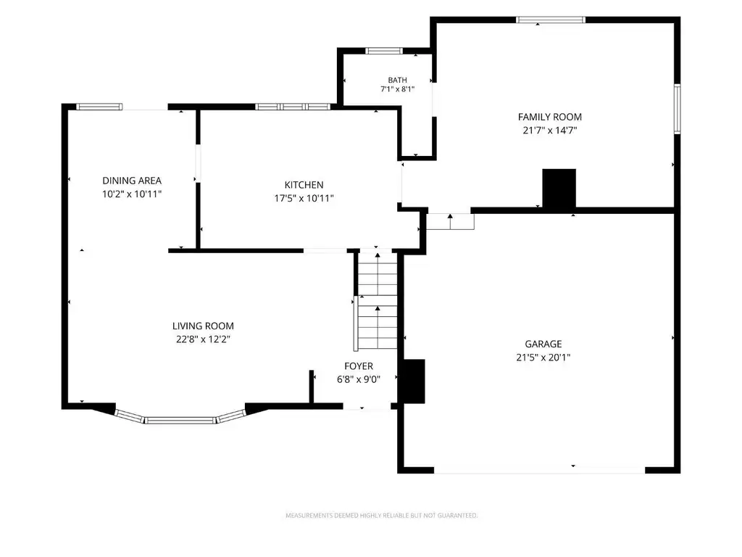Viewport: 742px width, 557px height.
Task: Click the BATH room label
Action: pos(398,80)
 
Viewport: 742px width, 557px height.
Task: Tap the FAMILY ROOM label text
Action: pos(550,117)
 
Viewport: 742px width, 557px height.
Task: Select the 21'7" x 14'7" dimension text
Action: pos(550,131)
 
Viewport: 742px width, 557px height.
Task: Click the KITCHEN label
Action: pos(304,185)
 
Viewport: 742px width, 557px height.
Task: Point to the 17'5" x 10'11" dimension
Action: pos(304,198)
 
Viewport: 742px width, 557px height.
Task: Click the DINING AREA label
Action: pos(132,181)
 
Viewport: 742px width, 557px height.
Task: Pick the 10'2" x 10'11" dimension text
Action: pos(132,194)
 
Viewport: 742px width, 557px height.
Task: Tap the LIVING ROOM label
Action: pos(203,326)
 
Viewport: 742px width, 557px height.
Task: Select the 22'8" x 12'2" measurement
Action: pos(203,339)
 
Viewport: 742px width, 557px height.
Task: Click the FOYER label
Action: pos(359,366)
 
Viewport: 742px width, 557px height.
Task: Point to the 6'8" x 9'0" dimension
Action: pos(359,379)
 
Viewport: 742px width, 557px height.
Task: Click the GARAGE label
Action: pos(543,344)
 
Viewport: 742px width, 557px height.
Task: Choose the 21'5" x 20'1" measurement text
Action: pos(543,357)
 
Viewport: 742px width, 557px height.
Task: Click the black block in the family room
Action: pos(559,188)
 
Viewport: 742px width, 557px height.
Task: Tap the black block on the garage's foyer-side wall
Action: pos(413,381)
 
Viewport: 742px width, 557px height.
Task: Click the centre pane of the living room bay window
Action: pos(180,420)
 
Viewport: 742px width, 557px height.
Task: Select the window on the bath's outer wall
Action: pos(384,51)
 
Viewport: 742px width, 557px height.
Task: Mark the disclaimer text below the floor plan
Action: pos(381,516)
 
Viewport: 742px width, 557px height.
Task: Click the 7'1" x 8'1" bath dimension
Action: pos(398,88)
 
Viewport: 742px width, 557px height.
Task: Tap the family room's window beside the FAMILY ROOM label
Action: pos(678,109)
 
